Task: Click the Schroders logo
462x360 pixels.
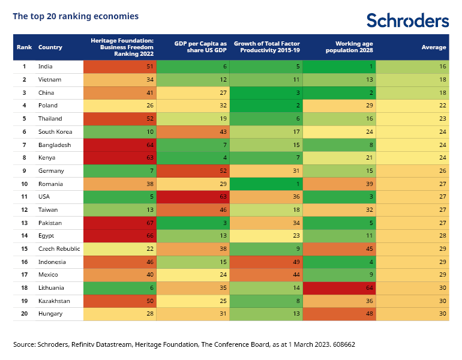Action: tap(407, 20)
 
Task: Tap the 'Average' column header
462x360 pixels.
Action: tap(434, 47)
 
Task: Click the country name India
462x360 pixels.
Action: tap(45, 67)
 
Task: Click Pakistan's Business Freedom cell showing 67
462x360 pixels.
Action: tap(120, 223)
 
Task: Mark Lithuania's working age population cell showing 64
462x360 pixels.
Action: tap(339, 288)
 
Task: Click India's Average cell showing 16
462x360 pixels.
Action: tap(412, 67)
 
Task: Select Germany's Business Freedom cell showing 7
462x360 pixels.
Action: tap(120, 171)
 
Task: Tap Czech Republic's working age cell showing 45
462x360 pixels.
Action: tap(339, 249)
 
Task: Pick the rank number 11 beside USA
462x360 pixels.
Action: tap(25, 197)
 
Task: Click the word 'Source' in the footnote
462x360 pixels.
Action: tap(24, 345)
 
